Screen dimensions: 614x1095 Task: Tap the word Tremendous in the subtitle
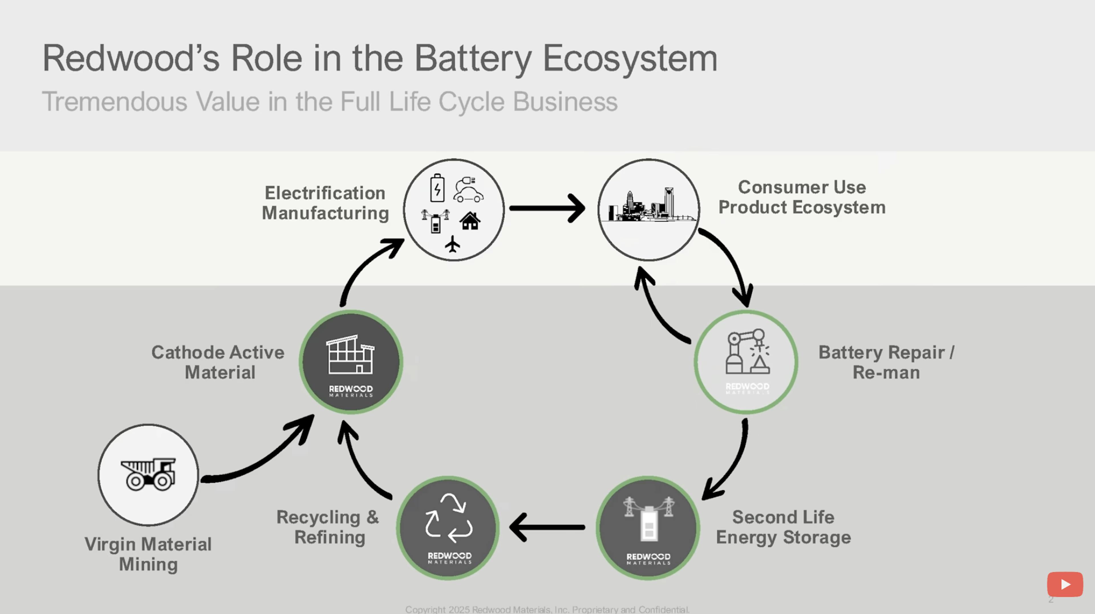pos(115,102)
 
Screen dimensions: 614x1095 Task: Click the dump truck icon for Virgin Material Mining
pos(148,474)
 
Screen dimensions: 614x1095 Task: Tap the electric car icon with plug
pos(468,190)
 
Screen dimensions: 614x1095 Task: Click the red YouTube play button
pos(1064,584)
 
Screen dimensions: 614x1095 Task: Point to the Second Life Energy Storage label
pos(783,527)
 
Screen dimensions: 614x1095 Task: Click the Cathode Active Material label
pos(218,362)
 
